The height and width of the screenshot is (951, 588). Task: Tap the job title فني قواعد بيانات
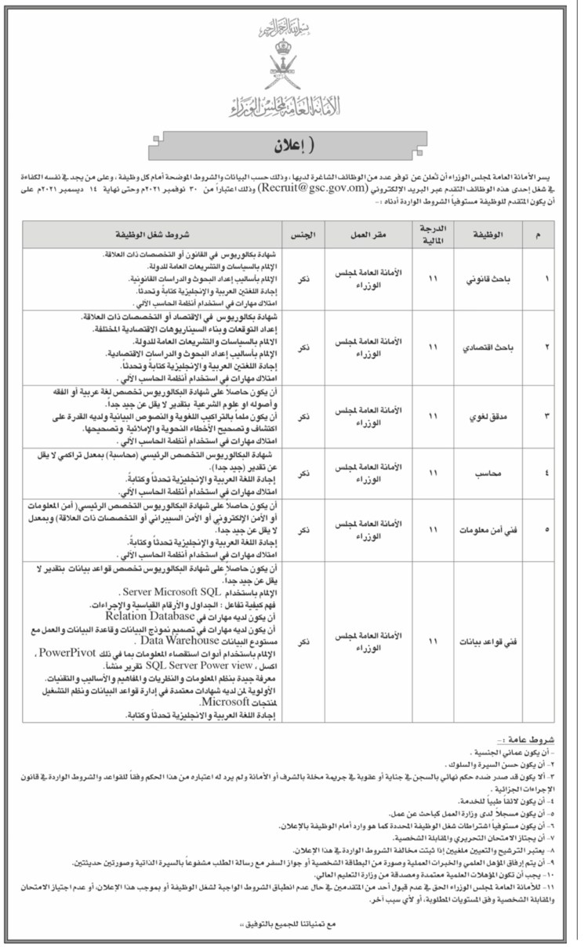pyautogui.click(x=487, y=641)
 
